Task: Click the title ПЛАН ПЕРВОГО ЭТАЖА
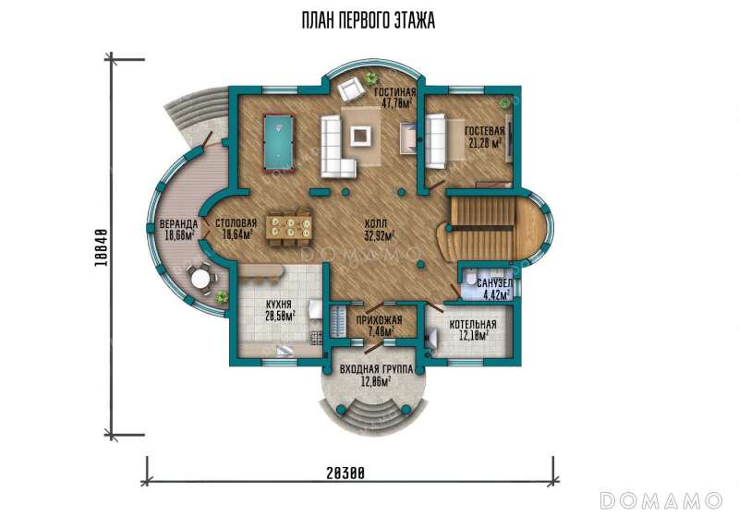click(x=368, y=20)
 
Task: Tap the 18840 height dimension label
click(x=101, y=247)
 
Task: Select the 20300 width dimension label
click(x=345, y=473)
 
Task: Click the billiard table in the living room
click(x=278, y=142)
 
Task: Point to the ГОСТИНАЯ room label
click(x=395, y=92)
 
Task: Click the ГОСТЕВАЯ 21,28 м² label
click(x=484, y=137)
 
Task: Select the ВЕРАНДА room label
click(x=178, y=223)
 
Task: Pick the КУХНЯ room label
click(x=279, y=304)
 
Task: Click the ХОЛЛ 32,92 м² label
click(x=380, y=230)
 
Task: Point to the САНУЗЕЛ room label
click(x=494, y=283)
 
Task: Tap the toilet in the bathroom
click(x=470, y=278)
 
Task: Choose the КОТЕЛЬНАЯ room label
click(x=473, y=324)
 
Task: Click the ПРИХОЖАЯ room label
click(x=379, y=320)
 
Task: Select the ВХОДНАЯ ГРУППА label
click(x=376, y=369)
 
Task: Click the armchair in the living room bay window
click(x=351, y=90)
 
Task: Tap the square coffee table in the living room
click(x=361, y=135)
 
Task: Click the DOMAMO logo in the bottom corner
click(x=660, y=500)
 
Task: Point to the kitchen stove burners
click(x=316, y=337)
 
